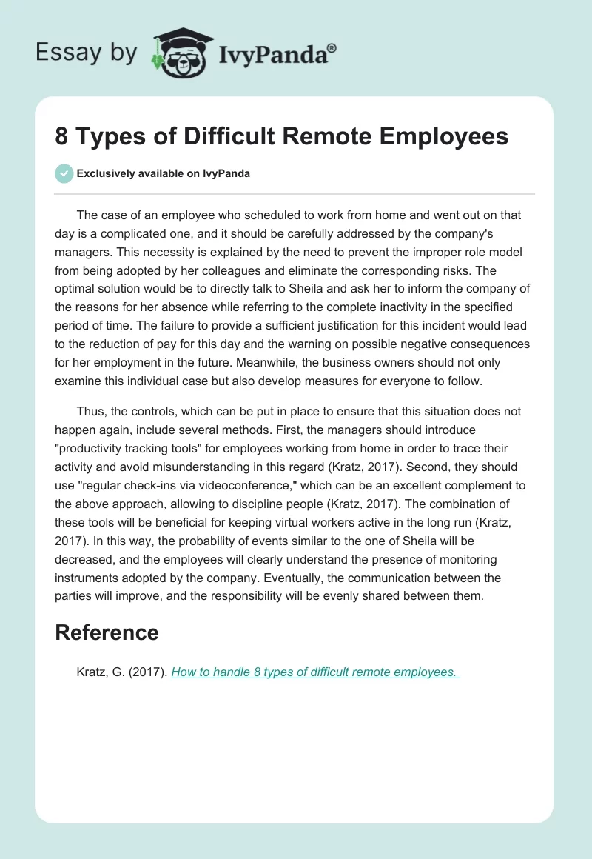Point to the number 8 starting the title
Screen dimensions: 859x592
click(x=61, y=136)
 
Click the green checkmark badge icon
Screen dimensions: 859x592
click(x=64, y=173)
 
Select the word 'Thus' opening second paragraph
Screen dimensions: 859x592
click(x=89, y=411)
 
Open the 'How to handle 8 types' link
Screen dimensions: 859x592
click(x=314, y=672)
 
